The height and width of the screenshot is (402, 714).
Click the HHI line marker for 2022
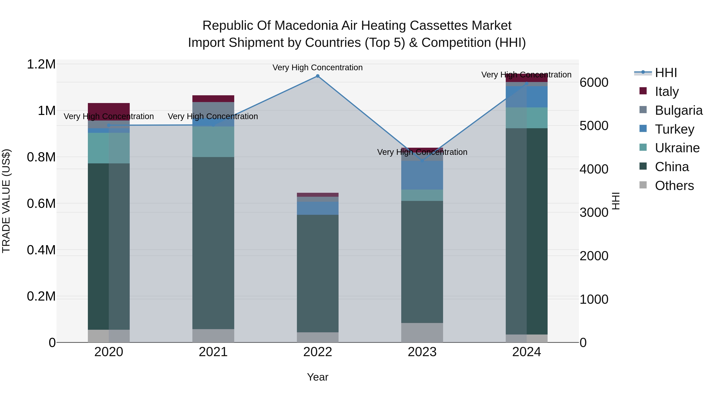pyautogui.click(x=318, y=76)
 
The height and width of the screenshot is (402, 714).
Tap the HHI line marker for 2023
pyautogui.click(x=422, y=161)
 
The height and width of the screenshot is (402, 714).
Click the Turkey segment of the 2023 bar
pyautogui.click(x=422, y=175)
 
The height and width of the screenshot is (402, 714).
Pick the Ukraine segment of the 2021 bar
pyautogui.click(x=213, y=142)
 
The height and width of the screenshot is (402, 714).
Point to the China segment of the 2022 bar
pyautogui.click(x=318, y=273)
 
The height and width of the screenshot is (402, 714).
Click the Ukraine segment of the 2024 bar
pyautogui.click(x=527, y=118)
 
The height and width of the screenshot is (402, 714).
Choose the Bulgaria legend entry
pyautogui.click(x=678, y=110)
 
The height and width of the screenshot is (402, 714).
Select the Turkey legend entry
pyautogui.click(x=674, y=129)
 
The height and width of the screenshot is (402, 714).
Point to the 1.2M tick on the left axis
pyautogui.click(x=41, y=64)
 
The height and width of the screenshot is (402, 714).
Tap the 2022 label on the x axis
pyautogui.click(x=318, y=352)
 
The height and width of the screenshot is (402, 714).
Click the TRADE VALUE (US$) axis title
pyautogui.click(x=6, y=201)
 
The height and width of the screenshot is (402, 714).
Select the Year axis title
pyautogui.click(x=318, y=377)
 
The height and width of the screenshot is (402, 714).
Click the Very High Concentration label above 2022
pyautogui.click(x=318, y=67)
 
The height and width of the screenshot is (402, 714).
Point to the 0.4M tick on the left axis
pyautogui.click(x=41, y=250)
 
